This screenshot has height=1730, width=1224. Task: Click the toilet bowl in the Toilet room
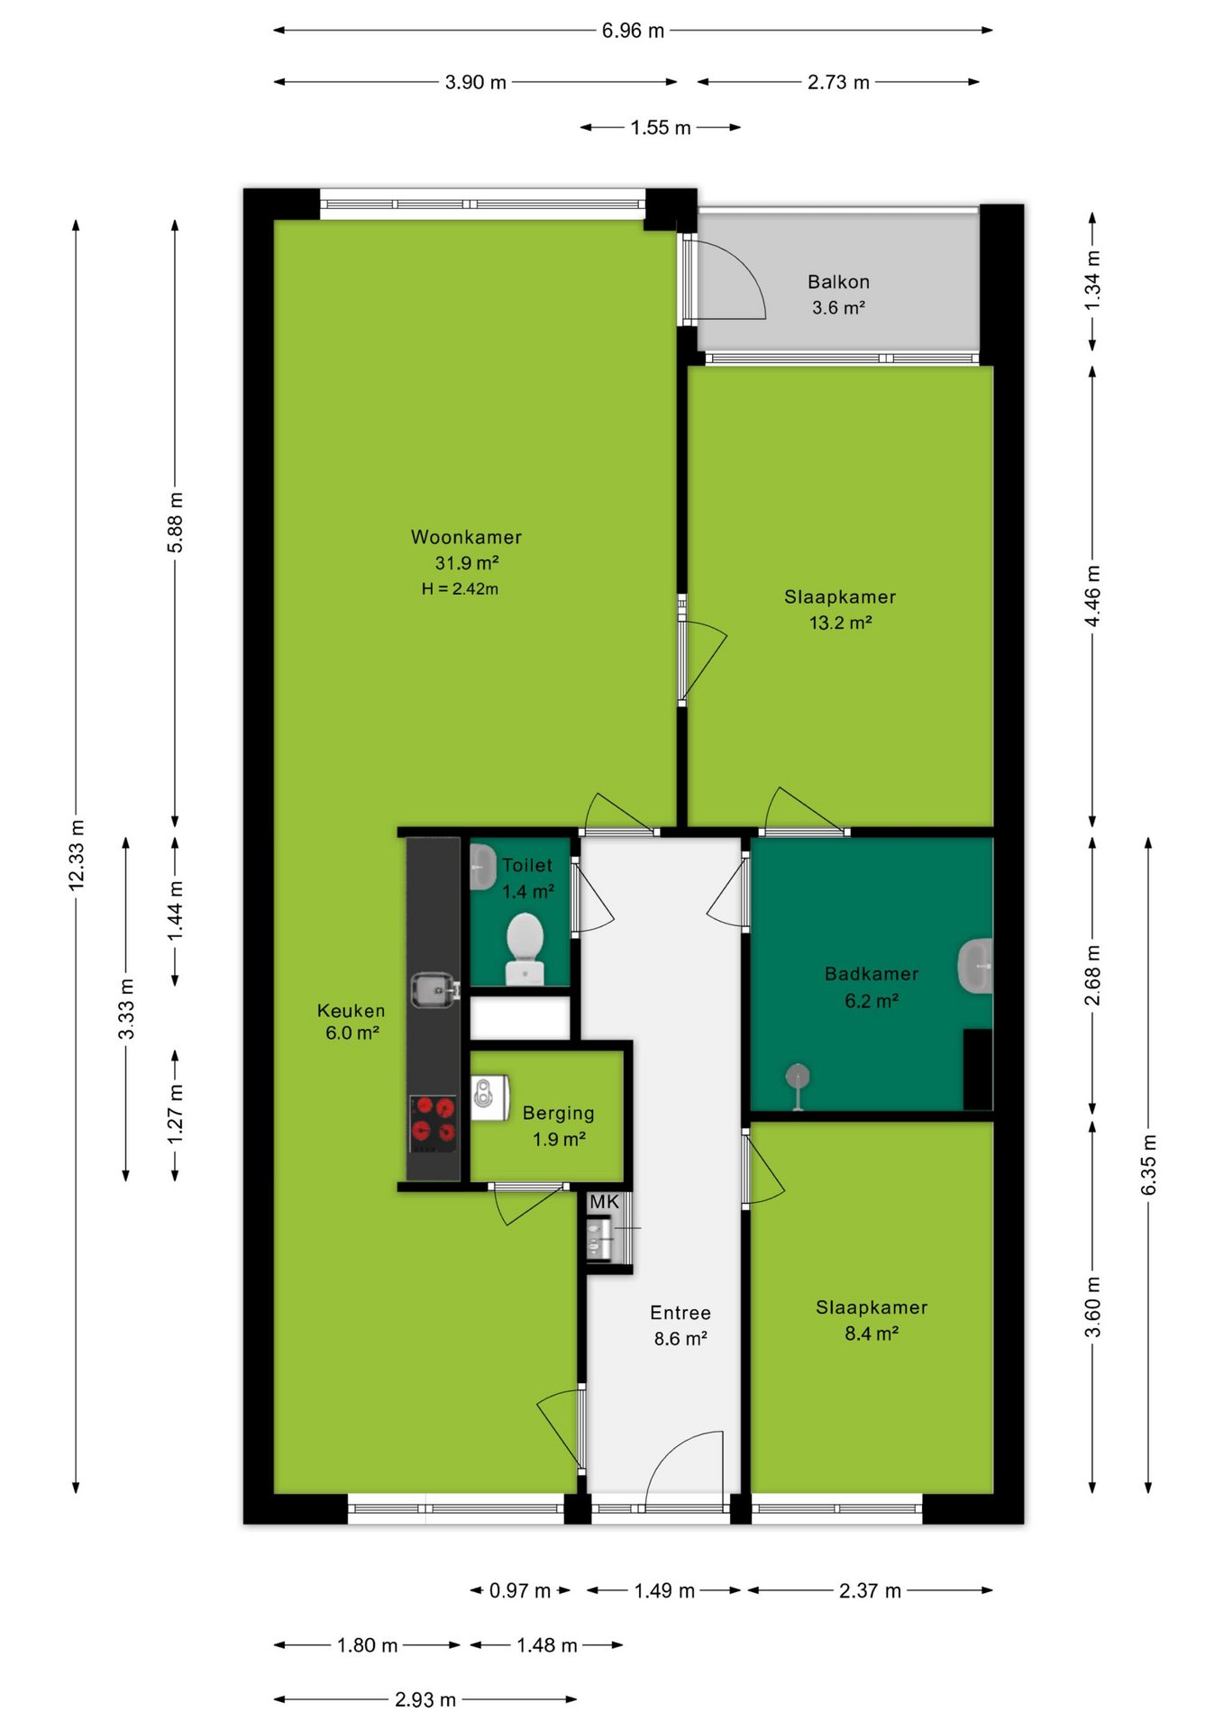(x=525, y=949)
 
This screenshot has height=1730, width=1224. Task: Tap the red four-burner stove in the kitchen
(x=434, y=1123)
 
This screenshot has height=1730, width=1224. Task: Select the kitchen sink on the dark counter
(x=434, y=989)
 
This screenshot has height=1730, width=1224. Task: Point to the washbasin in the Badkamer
(x=975, y=966)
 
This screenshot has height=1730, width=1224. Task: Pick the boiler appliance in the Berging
(x=489, y=1097)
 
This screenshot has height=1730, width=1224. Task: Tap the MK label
(x=604, y=1202)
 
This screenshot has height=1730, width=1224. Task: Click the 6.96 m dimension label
(x=633, y=31)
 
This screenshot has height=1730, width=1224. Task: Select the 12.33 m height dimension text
(x=77, y=855)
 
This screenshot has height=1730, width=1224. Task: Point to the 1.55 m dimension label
(x=661, y=128)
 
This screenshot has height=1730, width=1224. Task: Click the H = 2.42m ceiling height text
(x=460, y=589)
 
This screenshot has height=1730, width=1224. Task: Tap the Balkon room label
(x=838, y=282)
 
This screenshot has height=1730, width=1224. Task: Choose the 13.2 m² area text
(x=840, y=623)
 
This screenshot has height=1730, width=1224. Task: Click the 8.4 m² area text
(x=872, y=1334)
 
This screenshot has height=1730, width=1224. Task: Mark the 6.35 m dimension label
(x=1148, y=1165)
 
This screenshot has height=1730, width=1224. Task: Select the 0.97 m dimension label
(x=520, y=1591)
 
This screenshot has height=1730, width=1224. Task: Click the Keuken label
(x=351, y=1011)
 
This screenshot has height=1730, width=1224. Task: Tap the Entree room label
(x=681, y=1313)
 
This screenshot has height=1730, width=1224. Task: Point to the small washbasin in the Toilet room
(x=482, y=867)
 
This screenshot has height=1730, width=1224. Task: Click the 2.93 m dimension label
(x=425, y=1700)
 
